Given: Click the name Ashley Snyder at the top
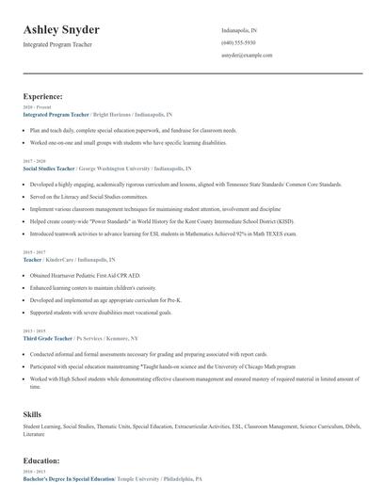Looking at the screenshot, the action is (x=61, y=30).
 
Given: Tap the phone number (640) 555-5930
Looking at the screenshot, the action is (x=238, y=42).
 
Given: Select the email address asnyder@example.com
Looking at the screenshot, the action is (x=247, y=56).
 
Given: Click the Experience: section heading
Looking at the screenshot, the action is (x=43, y=96).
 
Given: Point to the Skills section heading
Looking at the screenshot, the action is (x=33, y=414).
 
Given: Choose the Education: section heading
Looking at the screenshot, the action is (x=41, y=461).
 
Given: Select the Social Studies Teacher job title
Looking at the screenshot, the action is (x=49, y=168).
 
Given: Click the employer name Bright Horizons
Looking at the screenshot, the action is (x=112, y=114).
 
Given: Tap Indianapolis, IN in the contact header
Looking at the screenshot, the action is (x=239, y=30).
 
